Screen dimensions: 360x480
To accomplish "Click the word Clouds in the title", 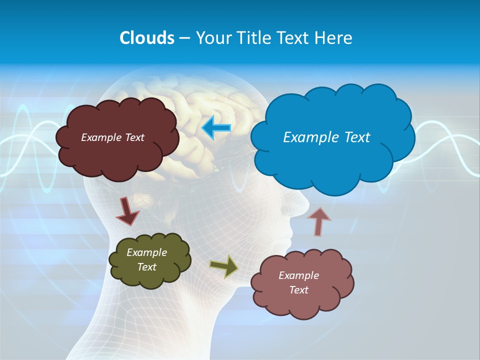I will (147, 38).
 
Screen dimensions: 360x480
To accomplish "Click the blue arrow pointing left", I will (216, 127).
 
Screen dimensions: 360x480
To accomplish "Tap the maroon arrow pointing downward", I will (127, 211).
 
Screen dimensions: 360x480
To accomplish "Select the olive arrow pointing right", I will (224, 266).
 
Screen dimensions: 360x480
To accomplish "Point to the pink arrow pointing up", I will (319, 221).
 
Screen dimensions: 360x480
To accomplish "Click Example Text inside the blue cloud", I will (326, 137).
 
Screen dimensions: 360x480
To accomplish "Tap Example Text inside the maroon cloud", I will (112, 137).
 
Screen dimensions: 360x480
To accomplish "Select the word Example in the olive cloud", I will (146, 252).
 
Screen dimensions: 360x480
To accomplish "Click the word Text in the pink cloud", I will (298, 290).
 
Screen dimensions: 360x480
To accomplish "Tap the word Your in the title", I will (211, 38).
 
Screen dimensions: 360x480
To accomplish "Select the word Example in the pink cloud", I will (298, 275).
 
